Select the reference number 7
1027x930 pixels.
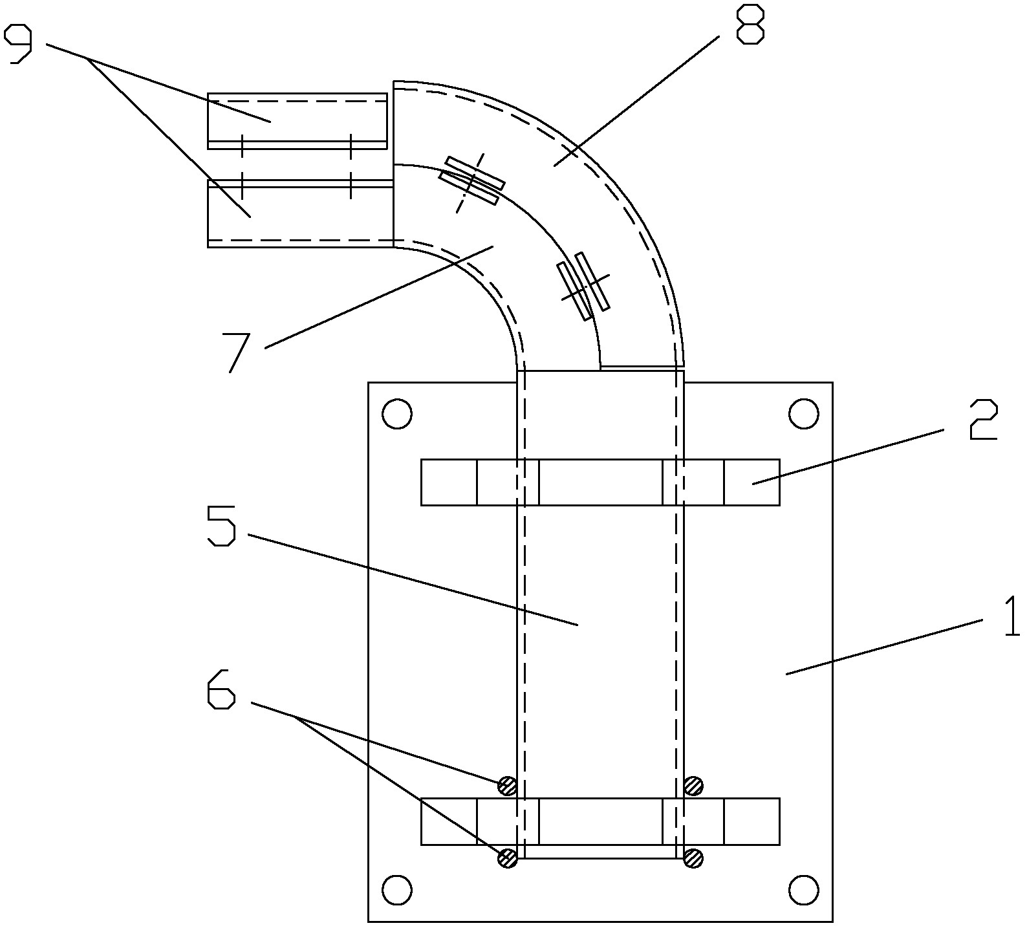(239, 352)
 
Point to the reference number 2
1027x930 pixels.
(983, 420)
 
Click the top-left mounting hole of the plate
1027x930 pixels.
(397, 414)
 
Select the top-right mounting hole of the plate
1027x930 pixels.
(804, 414)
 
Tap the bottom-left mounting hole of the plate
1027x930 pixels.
(397, 890)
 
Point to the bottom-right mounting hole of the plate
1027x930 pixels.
(804, 890)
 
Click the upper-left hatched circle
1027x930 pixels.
(508, 786)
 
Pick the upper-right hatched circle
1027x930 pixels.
(693, 786)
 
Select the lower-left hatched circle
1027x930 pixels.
(508, 858)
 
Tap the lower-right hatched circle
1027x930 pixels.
(693, 858)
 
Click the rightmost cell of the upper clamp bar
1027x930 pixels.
(751, 482)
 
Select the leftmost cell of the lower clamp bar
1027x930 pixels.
(449, 821)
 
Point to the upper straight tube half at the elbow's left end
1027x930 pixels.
(297, 121)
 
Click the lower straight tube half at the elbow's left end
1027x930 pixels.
(301, 213)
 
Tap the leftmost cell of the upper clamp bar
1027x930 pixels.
(449, 482)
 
